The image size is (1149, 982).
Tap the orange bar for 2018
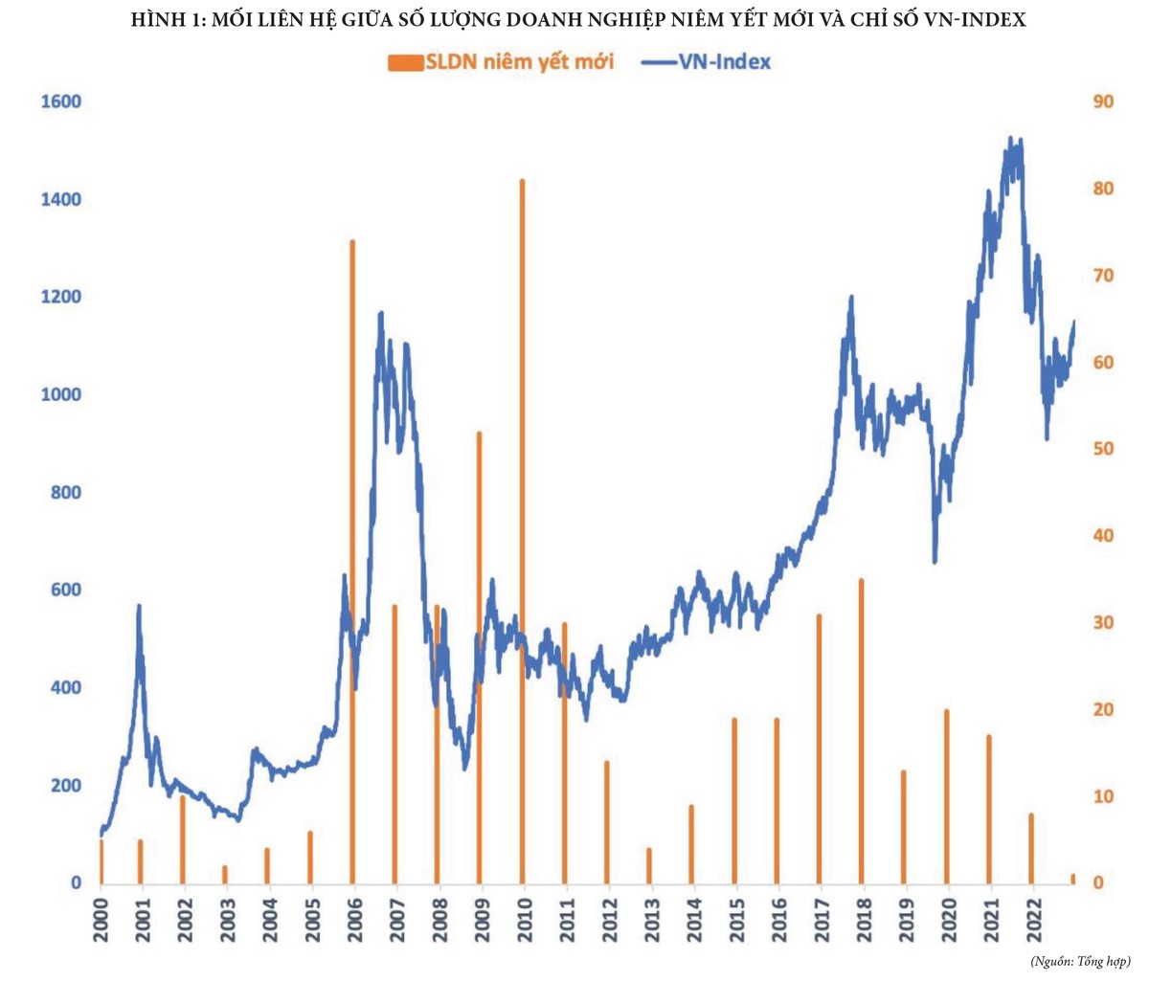pyautogui.click(x=862, y=731)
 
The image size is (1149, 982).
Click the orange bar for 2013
pyautogui.click(x=649, y=865)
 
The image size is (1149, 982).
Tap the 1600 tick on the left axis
pyautogui.click(x=60, y=101)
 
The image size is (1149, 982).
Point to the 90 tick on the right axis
pyautogui.click(x=1103, y=101)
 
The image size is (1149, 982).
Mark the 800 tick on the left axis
pyautogui.click(x=63, y=493)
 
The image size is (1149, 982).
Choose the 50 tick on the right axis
pyautogui.click(x=1103, y=449)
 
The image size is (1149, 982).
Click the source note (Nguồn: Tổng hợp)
pyautogui.click(x=1080, y=960)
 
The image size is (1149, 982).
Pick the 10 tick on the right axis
pyautogui.click(x=1103, y=796)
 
